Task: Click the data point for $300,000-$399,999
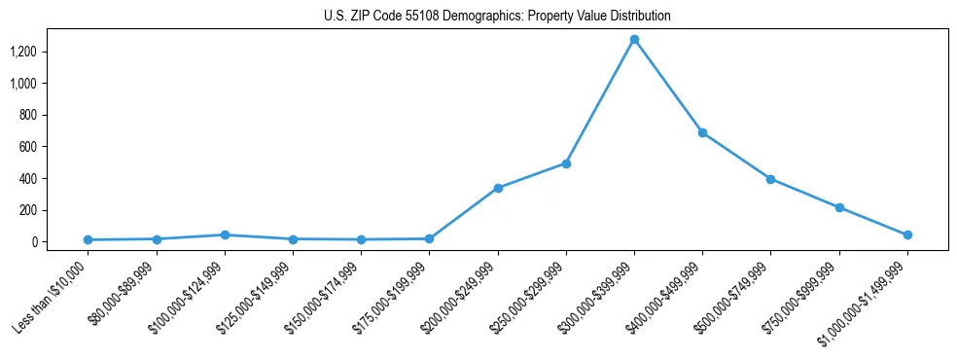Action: [634, 40]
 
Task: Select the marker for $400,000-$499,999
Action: [702, 132]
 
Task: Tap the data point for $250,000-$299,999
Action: [566, 163]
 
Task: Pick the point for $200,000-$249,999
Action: [498, 188]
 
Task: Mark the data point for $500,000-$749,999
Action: [770, 179]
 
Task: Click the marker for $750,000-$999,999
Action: [839, 207]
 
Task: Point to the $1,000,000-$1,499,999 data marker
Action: [907, 234]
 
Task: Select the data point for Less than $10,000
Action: [88, 239]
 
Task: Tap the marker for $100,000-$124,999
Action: [225, 234]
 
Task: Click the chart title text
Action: [497, 17]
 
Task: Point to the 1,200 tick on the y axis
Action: [23, 52]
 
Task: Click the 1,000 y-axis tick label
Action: [23, 84]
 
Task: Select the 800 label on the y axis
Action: [28, 115]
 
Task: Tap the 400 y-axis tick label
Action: [28, 179]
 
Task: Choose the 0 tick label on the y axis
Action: [33, 242]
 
